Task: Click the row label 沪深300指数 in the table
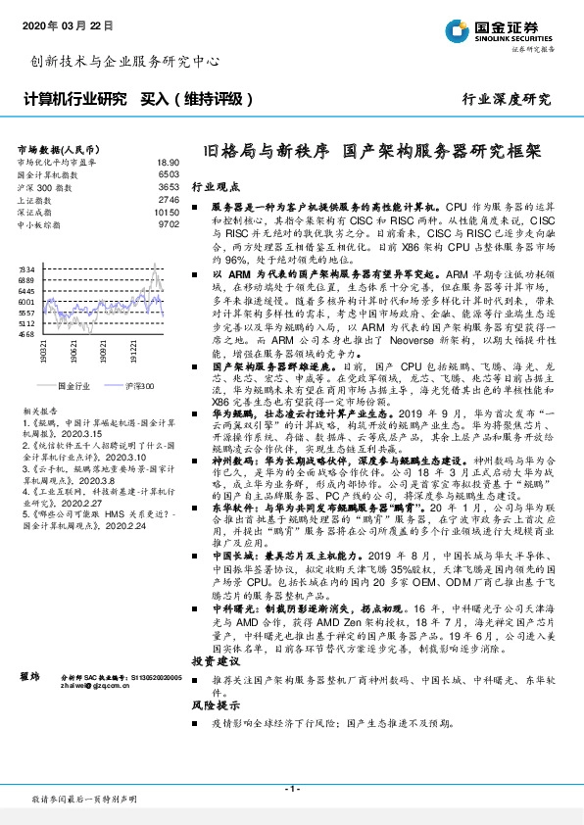click(x=43, y=184)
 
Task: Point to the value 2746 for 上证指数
click(x=169, y=199)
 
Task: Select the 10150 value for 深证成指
click(x=167, y=211)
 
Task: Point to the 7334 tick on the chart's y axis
click(x=27, y=267)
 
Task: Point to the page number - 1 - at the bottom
click(x=291, y=789)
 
